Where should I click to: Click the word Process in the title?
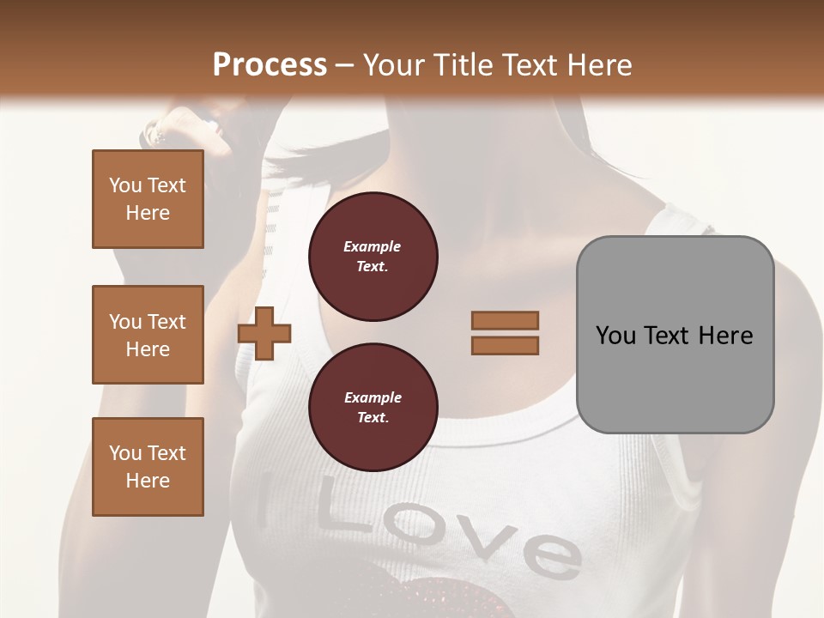coord(270,65)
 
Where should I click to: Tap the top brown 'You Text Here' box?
coord(148,199)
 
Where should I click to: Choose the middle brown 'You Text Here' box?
coord(148,335)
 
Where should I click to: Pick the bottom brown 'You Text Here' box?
coord(148,467)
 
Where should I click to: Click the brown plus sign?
coord(264,334)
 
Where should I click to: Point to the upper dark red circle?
coord(373,257)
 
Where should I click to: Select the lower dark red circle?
coord(373,408)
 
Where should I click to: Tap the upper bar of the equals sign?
coord(505,320)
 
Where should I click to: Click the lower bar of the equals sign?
coord(505,345)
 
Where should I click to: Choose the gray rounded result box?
coord(675,334)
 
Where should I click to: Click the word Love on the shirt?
coord(446,532)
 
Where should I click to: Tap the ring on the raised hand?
coord(156,134)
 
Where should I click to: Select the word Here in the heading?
coord(598,65)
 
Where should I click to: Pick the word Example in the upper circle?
coord(373,246)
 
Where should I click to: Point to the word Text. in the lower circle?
coord(373,418)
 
